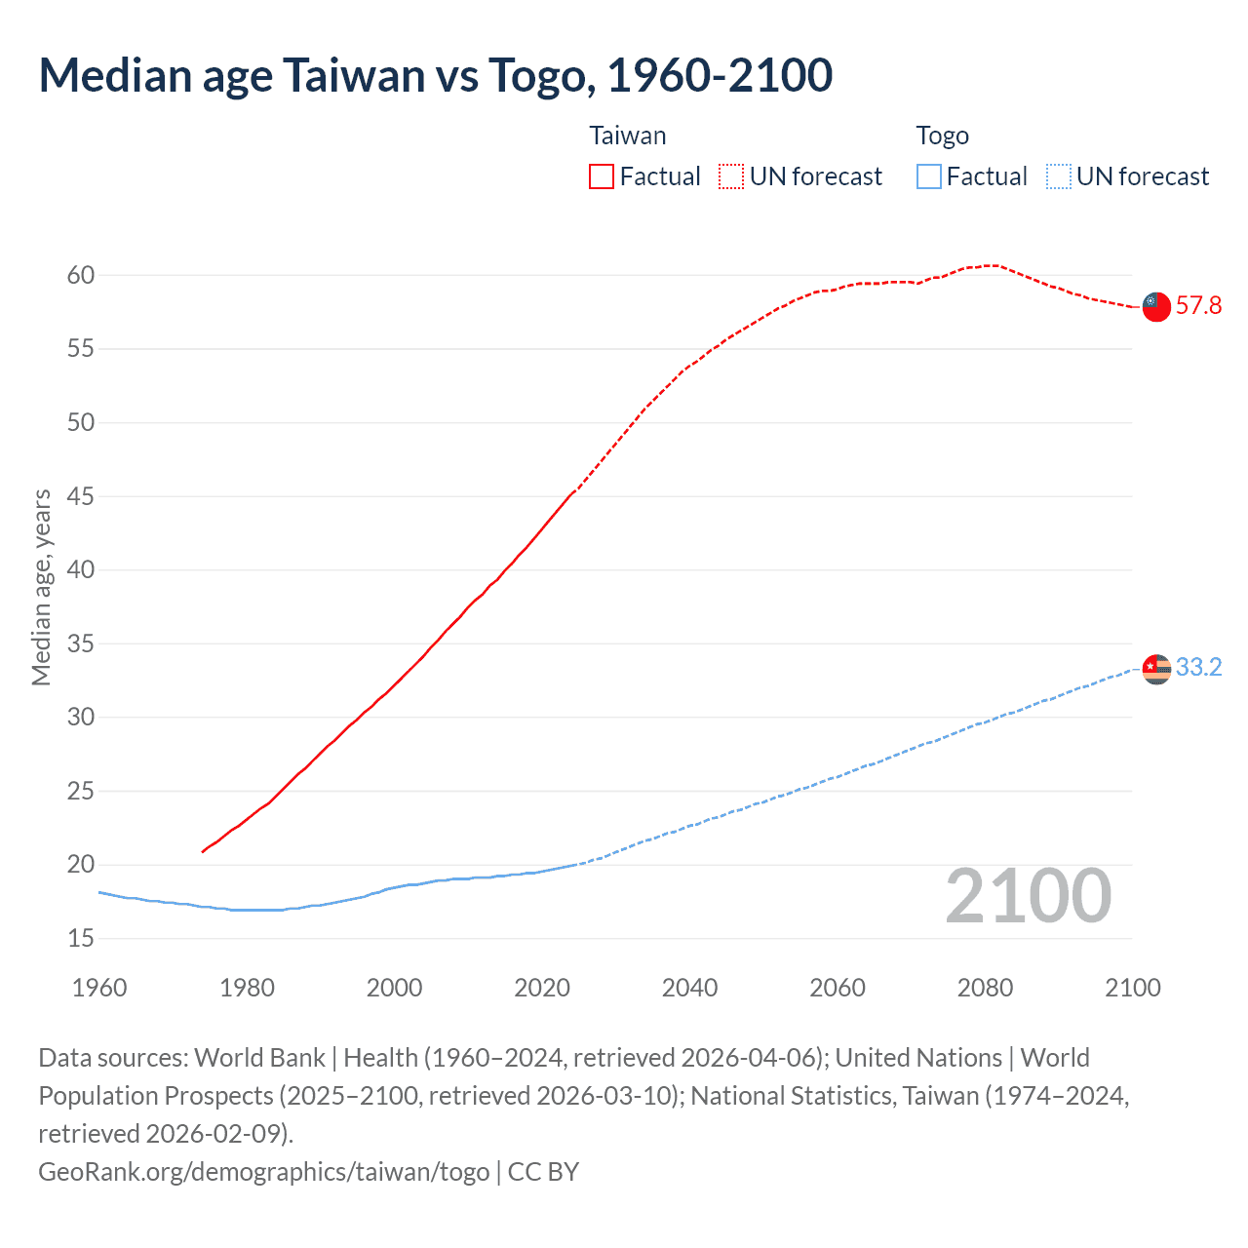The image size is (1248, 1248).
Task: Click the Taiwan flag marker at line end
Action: (x=1155, y=306)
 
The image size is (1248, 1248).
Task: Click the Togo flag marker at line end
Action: (x=1155, y=668)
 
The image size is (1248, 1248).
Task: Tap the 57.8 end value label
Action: (x=1198, y=306)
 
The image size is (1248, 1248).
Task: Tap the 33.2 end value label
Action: (x=1198, y=668)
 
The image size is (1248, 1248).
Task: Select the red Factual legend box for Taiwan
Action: (x=602, y=176)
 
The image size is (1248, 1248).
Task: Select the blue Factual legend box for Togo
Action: (x=928, y=176)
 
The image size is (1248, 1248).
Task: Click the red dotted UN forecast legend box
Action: (x=731, y=176)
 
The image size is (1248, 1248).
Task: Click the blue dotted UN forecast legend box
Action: (x=1058, y=176)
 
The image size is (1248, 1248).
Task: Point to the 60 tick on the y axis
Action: (x=81, y=275)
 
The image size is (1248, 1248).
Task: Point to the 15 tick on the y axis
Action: (x=81, y=938)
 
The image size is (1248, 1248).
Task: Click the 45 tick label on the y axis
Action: (x=81, y=496)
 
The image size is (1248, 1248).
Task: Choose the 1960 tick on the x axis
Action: (x=99, y=988)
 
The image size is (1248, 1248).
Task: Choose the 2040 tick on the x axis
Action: (x=689, y=988)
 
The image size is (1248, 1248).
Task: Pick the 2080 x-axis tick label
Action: (x=985, y=988)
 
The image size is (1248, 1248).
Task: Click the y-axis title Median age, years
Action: (x=41, y=588)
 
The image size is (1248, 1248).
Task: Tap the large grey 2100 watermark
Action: (x=1028, y=896)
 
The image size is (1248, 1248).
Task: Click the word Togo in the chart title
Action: (x=539, y=75)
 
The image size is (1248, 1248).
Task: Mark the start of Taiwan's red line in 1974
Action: (x=203, y=852)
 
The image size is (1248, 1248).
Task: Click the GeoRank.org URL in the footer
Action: (x=263, y=1171)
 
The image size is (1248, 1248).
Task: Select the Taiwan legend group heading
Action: (x=628, y=136)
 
